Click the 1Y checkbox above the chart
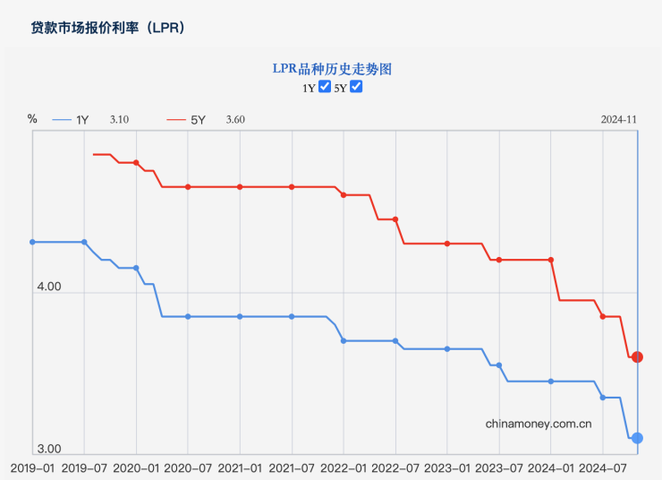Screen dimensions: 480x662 click(326, 87)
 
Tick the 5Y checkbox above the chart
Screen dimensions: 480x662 click(356, 87)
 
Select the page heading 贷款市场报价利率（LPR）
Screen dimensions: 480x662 click(108, 28)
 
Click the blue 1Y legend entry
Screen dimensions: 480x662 click(71, 120)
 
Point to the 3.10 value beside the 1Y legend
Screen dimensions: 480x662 click(120, 120)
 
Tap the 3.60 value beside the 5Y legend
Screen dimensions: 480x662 click(235, 120)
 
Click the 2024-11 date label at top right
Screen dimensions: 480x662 click(618, 120)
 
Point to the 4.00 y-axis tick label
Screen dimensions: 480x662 click(48, 287)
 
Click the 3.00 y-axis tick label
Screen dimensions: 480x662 click(48, 449)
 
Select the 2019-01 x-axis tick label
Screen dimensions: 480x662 click(32, 467)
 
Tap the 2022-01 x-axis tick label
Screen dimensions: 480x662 click(344, 467)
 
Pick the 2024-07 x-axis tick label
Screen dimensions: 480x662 click(602, 467)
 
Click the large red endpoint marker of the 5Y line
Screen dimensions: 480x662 click(637, 357)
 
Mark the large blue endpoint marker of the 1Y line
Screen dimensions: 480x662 click(637, 438)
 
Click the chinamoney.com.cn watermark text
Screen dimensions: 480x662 click(539, 424)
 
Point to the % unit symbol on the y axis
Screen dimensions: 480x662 click(32, 118)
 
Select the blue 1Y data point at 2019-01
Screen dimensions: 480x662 click(32, 242)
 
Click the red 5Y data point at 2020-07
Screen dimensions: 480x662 click(188, 186)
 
